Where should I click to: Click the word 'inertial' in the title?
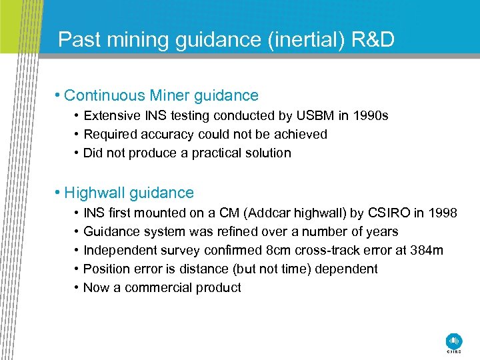click(x=305, y=40)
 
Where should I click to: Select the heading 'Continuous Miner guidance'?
click(x=161, y=96)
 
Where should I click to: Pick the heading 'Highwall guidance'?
click(x=129, y=193)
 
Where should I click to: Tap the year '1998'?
click(x=443, y=213)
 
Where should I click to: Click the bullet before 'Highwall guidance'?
click(x=59, y=193)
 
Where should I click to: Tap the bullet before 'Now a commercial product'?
click(x=77, y=288)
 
